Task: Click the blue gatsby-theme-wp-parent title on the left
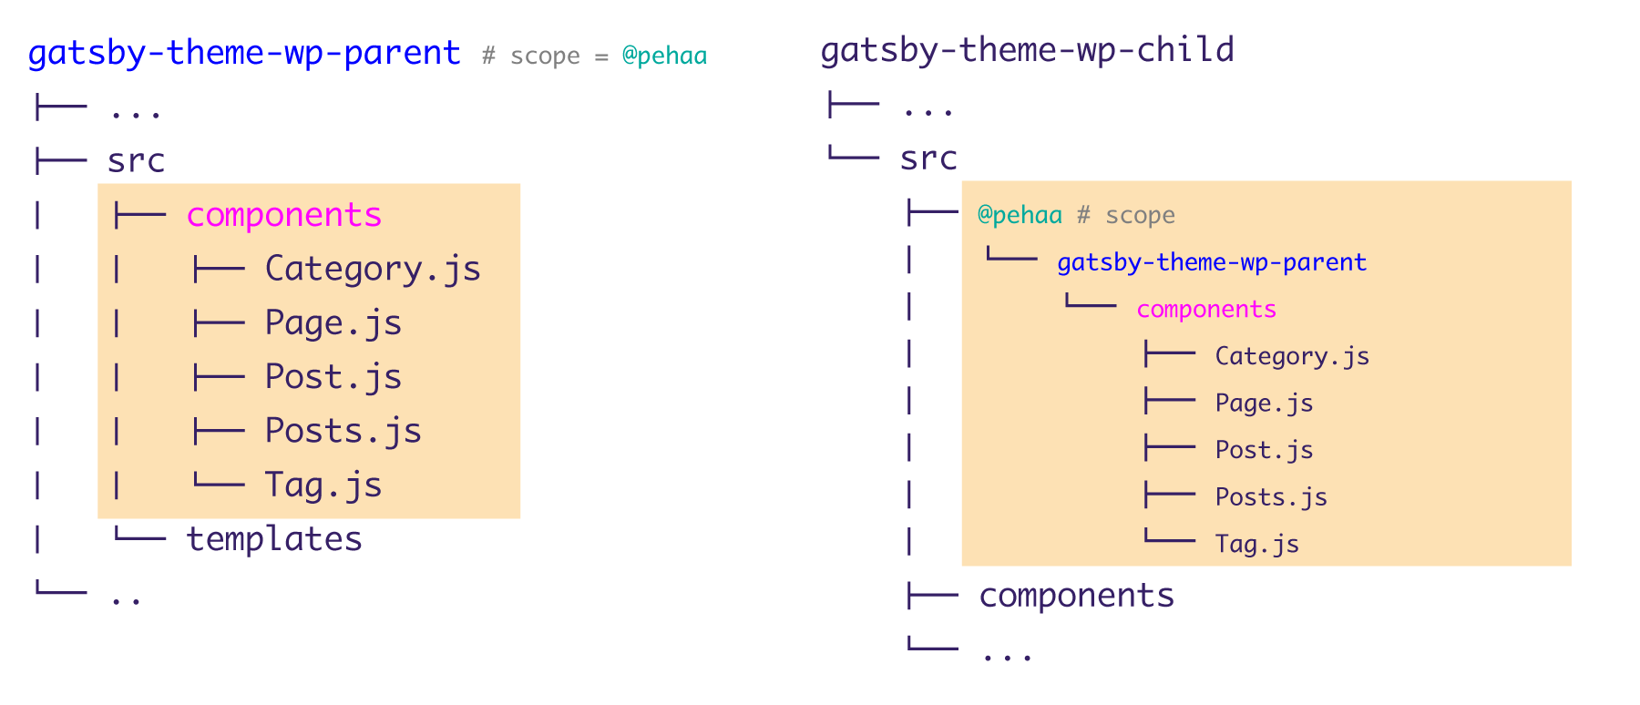coord(243,53)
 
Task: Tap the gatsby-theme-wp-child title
coord(1027,50)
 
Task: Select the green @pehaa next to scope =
coord(664,56)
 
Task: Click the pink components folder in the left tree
coord(283,215)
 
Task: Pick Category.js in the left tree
coord(373,269)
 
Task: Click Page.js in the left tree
coord(333,323)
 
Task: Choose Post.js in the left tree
coord(333,377)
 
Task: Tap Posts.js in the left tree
coord(343,431)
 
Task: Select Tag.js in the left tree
coord(323,485)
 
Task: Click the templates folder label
coord(273,539)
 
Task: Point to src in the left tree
coord(136,161)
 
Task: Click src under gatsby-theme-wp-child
coord(928,158)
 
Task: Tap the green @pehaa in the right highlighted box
coord(1019,215)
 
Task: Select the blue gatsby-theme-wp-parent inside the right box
coord(1211,262)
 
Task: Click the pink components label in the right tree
coord(1205,310)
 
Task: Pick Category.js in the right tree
coord(1291,356)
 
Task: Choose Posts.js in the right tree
coord(1270,497)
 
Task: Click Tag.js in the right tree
coord(1256,545)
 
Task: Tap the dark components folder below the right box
coord(1076,596)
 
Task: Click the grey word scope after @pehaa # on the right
coord(1140,216)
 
